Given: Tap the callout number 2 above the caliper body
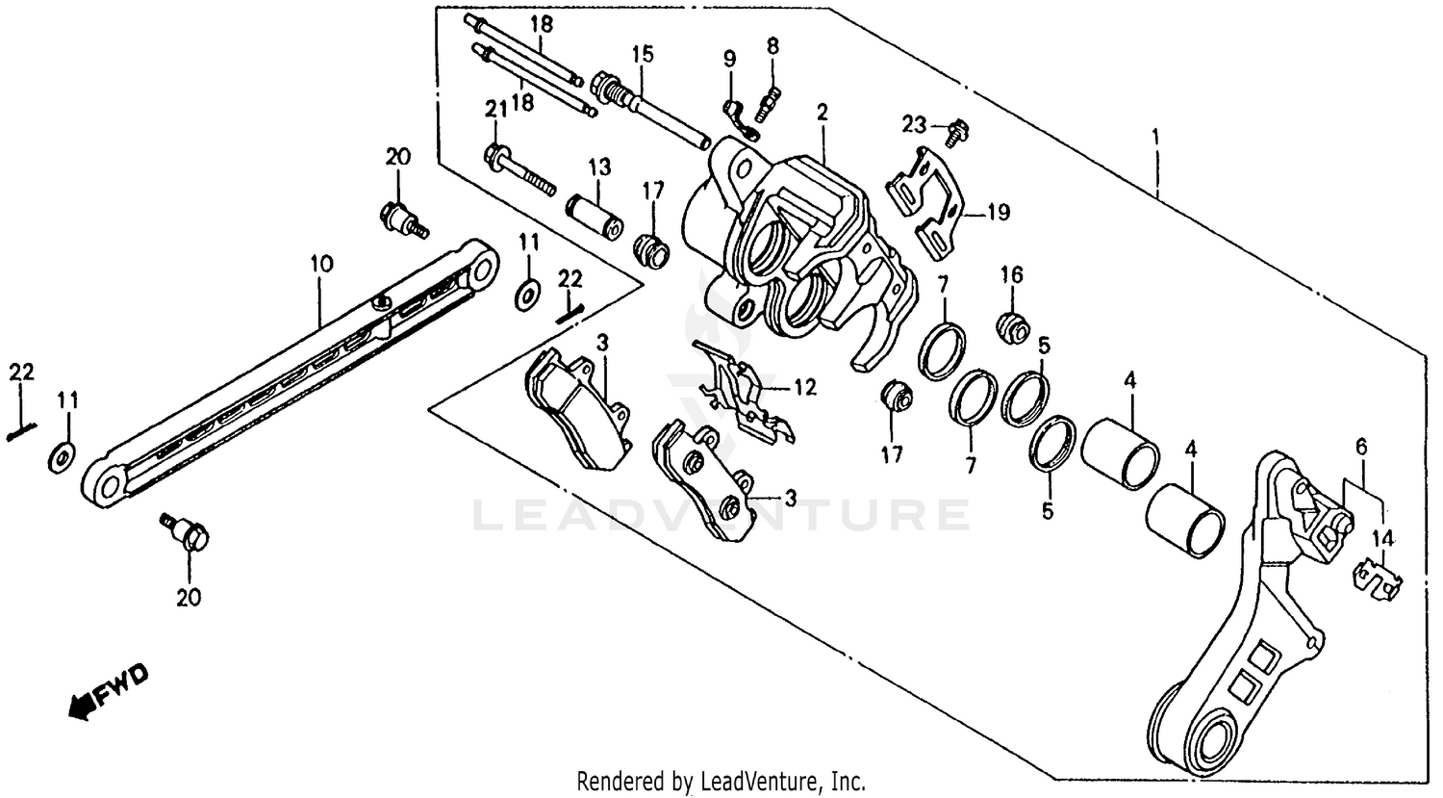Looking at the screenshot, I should click(822, 113).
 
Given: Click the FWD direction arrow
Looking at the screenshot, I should click(109, 689).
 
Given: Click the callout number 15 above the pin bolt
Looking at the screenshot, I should click(642, 54).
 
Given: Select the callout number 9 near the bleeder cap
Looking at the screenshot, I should click(729, 60).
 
